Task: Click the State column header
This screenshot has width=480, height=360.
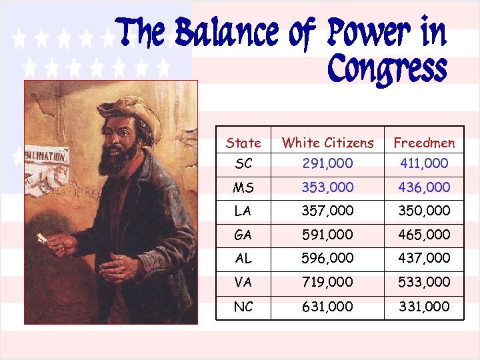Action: click(243, 143)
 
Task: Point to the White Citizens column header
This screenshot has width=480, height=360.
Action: click(327, 143)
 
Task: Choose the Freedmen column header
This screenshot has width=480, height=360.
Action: click(424, 143)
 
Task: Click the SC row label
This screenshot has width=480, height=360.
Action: click(243, 163)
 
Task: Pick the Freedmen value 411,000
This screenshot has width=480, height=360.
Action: click(424, 163)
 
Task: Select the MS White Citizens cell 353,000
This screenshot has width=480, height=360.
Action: click(327, 187)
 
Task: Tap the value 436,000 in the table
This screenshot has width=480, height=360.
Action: click(424, 187)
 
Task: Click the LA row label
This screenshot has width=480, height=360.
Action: click(243, 211)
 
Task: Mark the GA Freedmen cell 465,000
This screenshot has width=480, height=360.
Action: click(424, 235)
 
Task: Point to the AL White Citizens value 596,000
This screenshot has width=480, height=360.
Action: click(327, 258)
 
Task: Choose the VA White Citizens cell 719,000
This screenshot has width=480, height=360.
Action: click(327, 282)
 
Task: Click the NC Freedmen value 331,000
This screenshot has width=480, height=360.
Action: click(424, 306)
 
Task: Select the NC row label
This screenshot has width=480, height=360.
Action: click(243, 306)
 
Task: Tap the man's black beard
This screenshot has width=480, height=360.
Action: click(117, 163)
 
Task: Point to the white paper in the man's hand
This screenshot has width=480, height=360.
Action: click(43, 238)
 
